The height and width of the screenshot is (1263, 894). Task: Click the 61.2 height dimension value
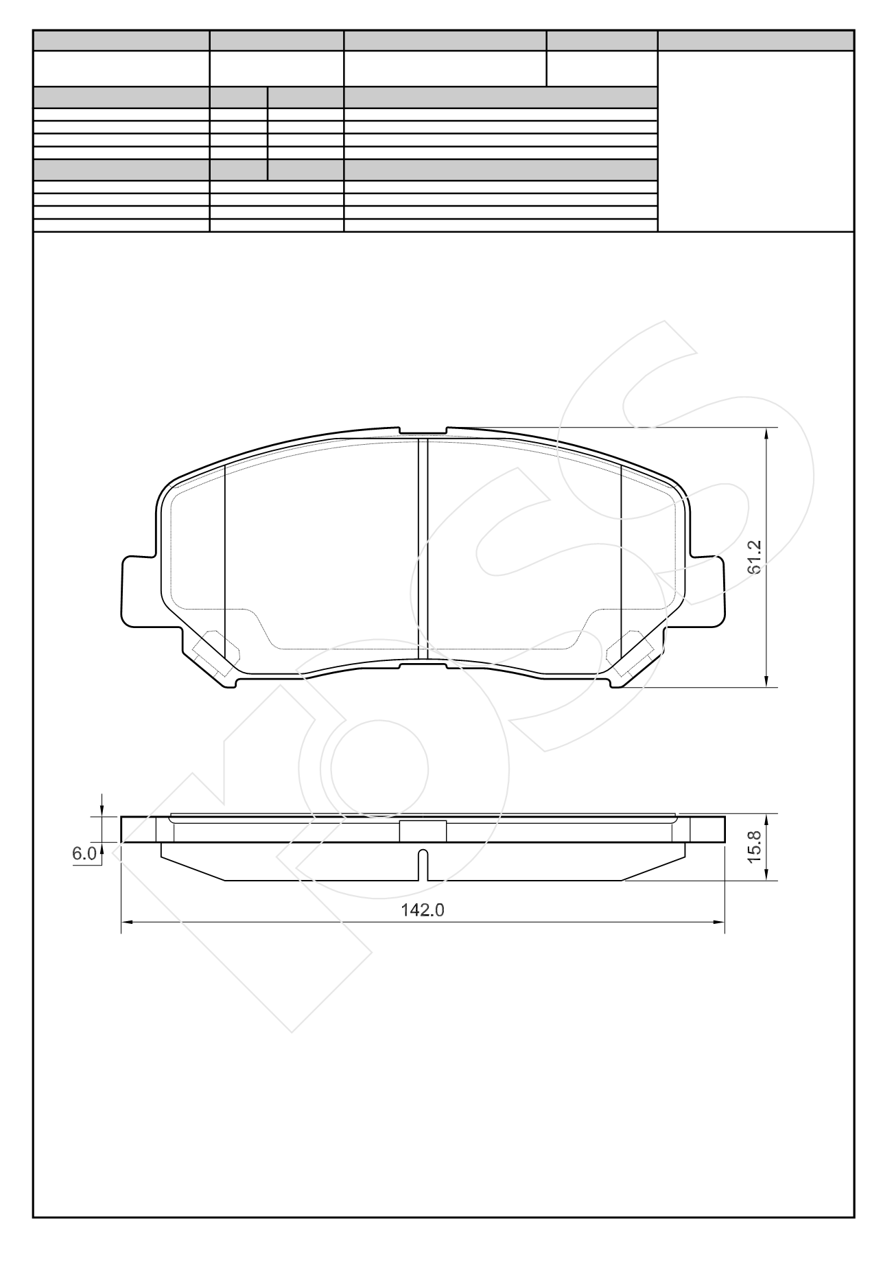pos(754,556)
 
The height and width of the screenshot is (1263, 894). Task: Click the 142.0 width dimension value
pos(423,909)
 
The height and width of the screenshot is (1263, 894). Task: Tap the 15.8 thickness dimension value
pos(754,846)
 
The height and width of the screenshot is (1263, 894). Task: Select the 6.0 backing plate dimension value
pos(84,853)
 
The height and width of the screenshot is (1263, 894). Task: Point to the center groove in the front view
pos(423,549)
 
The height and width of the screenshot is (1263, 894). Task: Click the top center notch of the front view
pos(423,430)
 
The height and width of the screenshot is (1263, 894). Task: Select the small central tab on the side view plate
pos(423,831)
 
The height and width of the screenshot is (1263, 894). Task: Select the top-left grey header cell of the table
pos(121,40)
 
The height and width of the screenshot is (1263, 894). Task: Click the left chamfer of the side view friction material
pos(192,869)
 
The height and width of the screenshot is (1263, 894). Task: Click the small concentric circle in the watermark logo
pos(379,768)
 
